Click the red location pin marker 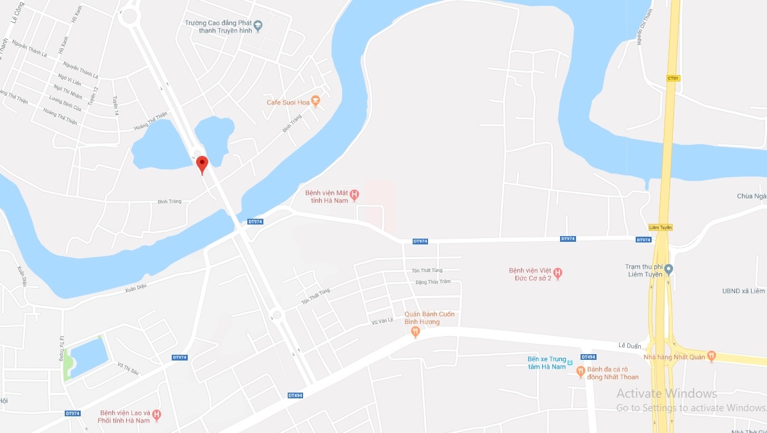point(202,164)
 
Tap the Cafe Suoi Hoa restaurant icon point(315,102)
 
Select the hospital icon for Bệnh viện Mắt point(354,194)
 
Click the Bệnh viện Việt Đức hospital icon point(557,273)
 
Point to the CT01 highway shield point(672,78)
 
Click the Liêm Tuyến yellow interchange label point(660,227)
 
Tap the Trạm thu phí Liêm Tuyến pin point(668,269)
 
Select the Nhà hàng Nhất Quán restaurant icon point(711,357)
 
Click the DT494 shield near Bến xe point(588,357)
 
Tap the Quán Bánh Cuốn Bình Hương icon point(415,332)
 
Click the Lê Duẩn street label point(629,346)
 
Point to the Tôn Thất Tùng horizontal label point(427,270)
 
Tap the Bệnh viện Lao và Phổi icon point(157,416)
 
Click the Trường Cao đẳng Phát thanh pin point(258,26)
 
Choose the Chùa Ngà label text point(751,196)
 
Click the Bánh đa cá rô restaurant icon point(581,371)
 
